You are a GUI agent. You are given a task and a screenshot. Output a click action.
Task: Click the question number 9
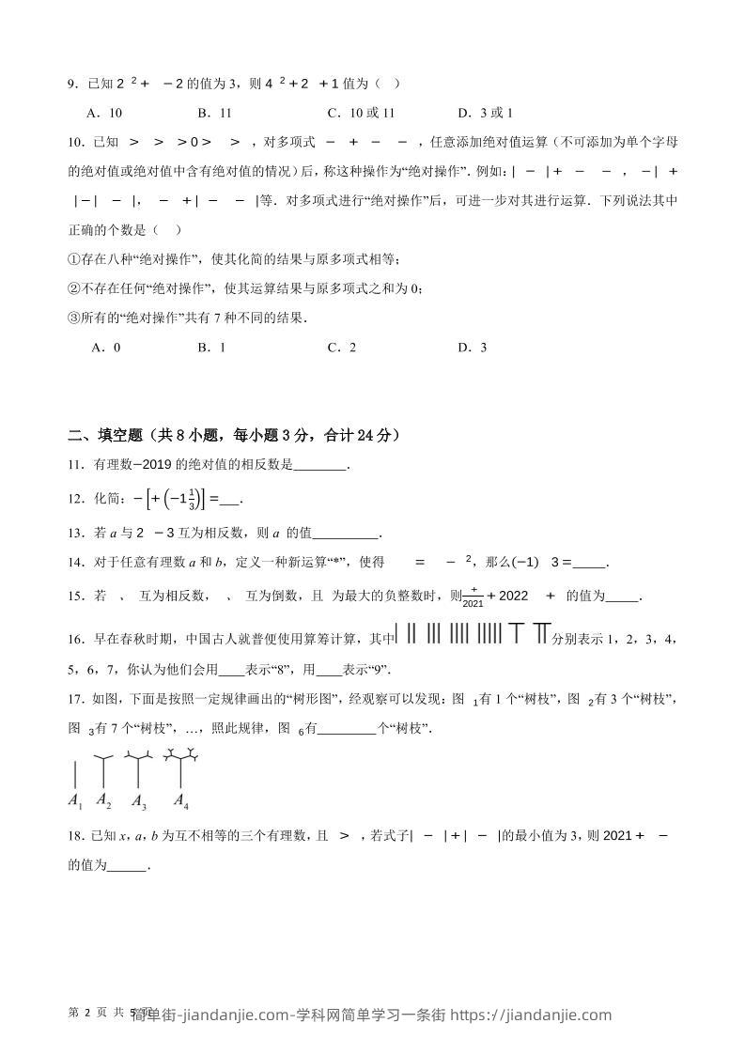72,85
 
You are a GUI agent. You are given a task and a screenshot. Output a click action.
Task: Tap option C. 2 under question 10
341,348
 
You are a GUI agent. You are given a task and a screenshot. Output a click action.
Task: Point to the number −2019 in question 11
156,464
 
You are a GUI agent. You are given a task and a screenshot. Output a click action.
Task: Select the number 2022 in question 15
514,595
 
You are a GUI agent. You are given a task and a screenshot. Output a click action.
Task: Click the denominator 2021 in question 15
473,603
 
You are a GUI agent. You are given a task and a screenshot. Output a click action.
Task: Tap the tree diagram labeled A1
75,775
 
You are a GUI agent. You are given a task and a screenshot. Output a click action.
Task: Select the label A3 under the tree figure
139,802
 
